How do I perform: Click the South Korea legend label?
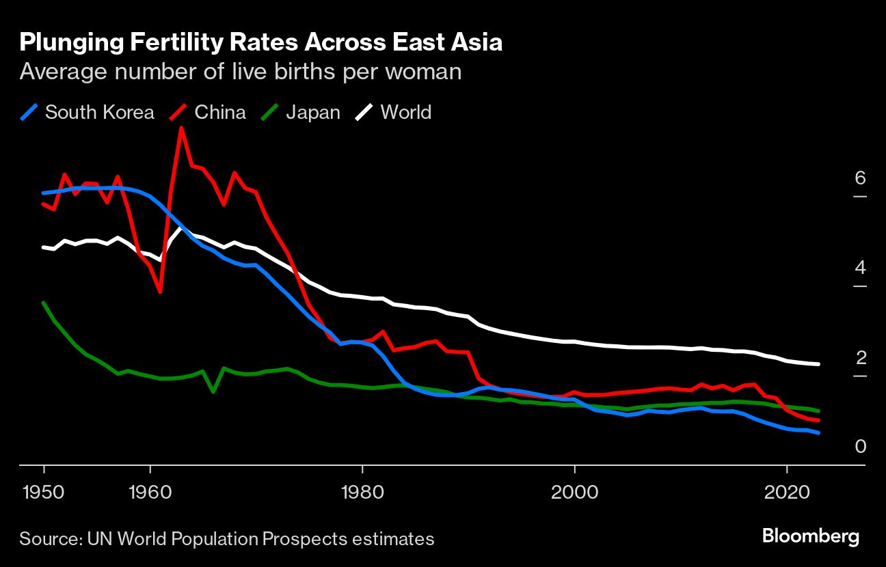[100, 112]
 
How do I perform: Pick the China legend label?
[220, 112]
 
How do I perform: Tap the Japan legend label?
[313, 112]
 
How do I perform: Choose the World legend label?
[406, 112]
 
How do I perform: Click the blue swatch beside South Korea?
[29, 112]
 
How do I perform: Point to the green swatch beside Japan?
[270, 112]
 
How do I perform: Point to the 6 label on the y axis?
[860, 178]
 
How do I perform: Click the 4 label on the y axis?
[860, 267]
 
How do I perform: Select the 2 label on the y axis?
[860, 357]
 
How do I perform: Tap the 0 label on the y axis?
[860, 447]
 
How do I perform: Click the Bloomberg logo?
[811, 537]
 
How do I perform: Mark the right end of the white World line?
[818, 364]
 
